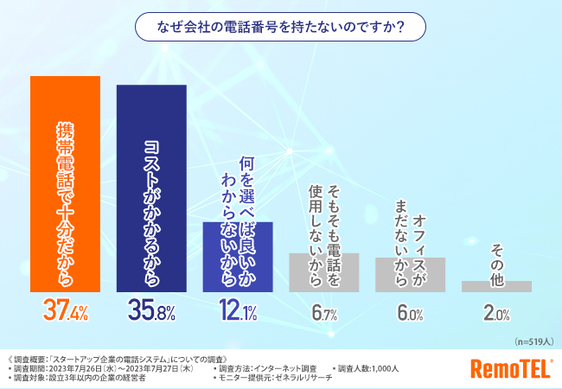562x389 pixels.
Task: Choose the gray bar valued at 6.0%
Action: coord(410,274)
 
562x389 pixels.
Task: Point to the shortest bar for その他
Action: coord(496,285)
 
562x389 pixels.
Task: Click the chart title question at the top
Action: coord(280,27)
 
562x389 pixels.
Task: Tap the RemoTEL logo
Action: coord(510,369)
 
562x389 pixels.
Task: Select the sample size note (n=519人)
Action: coord(531,341)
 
